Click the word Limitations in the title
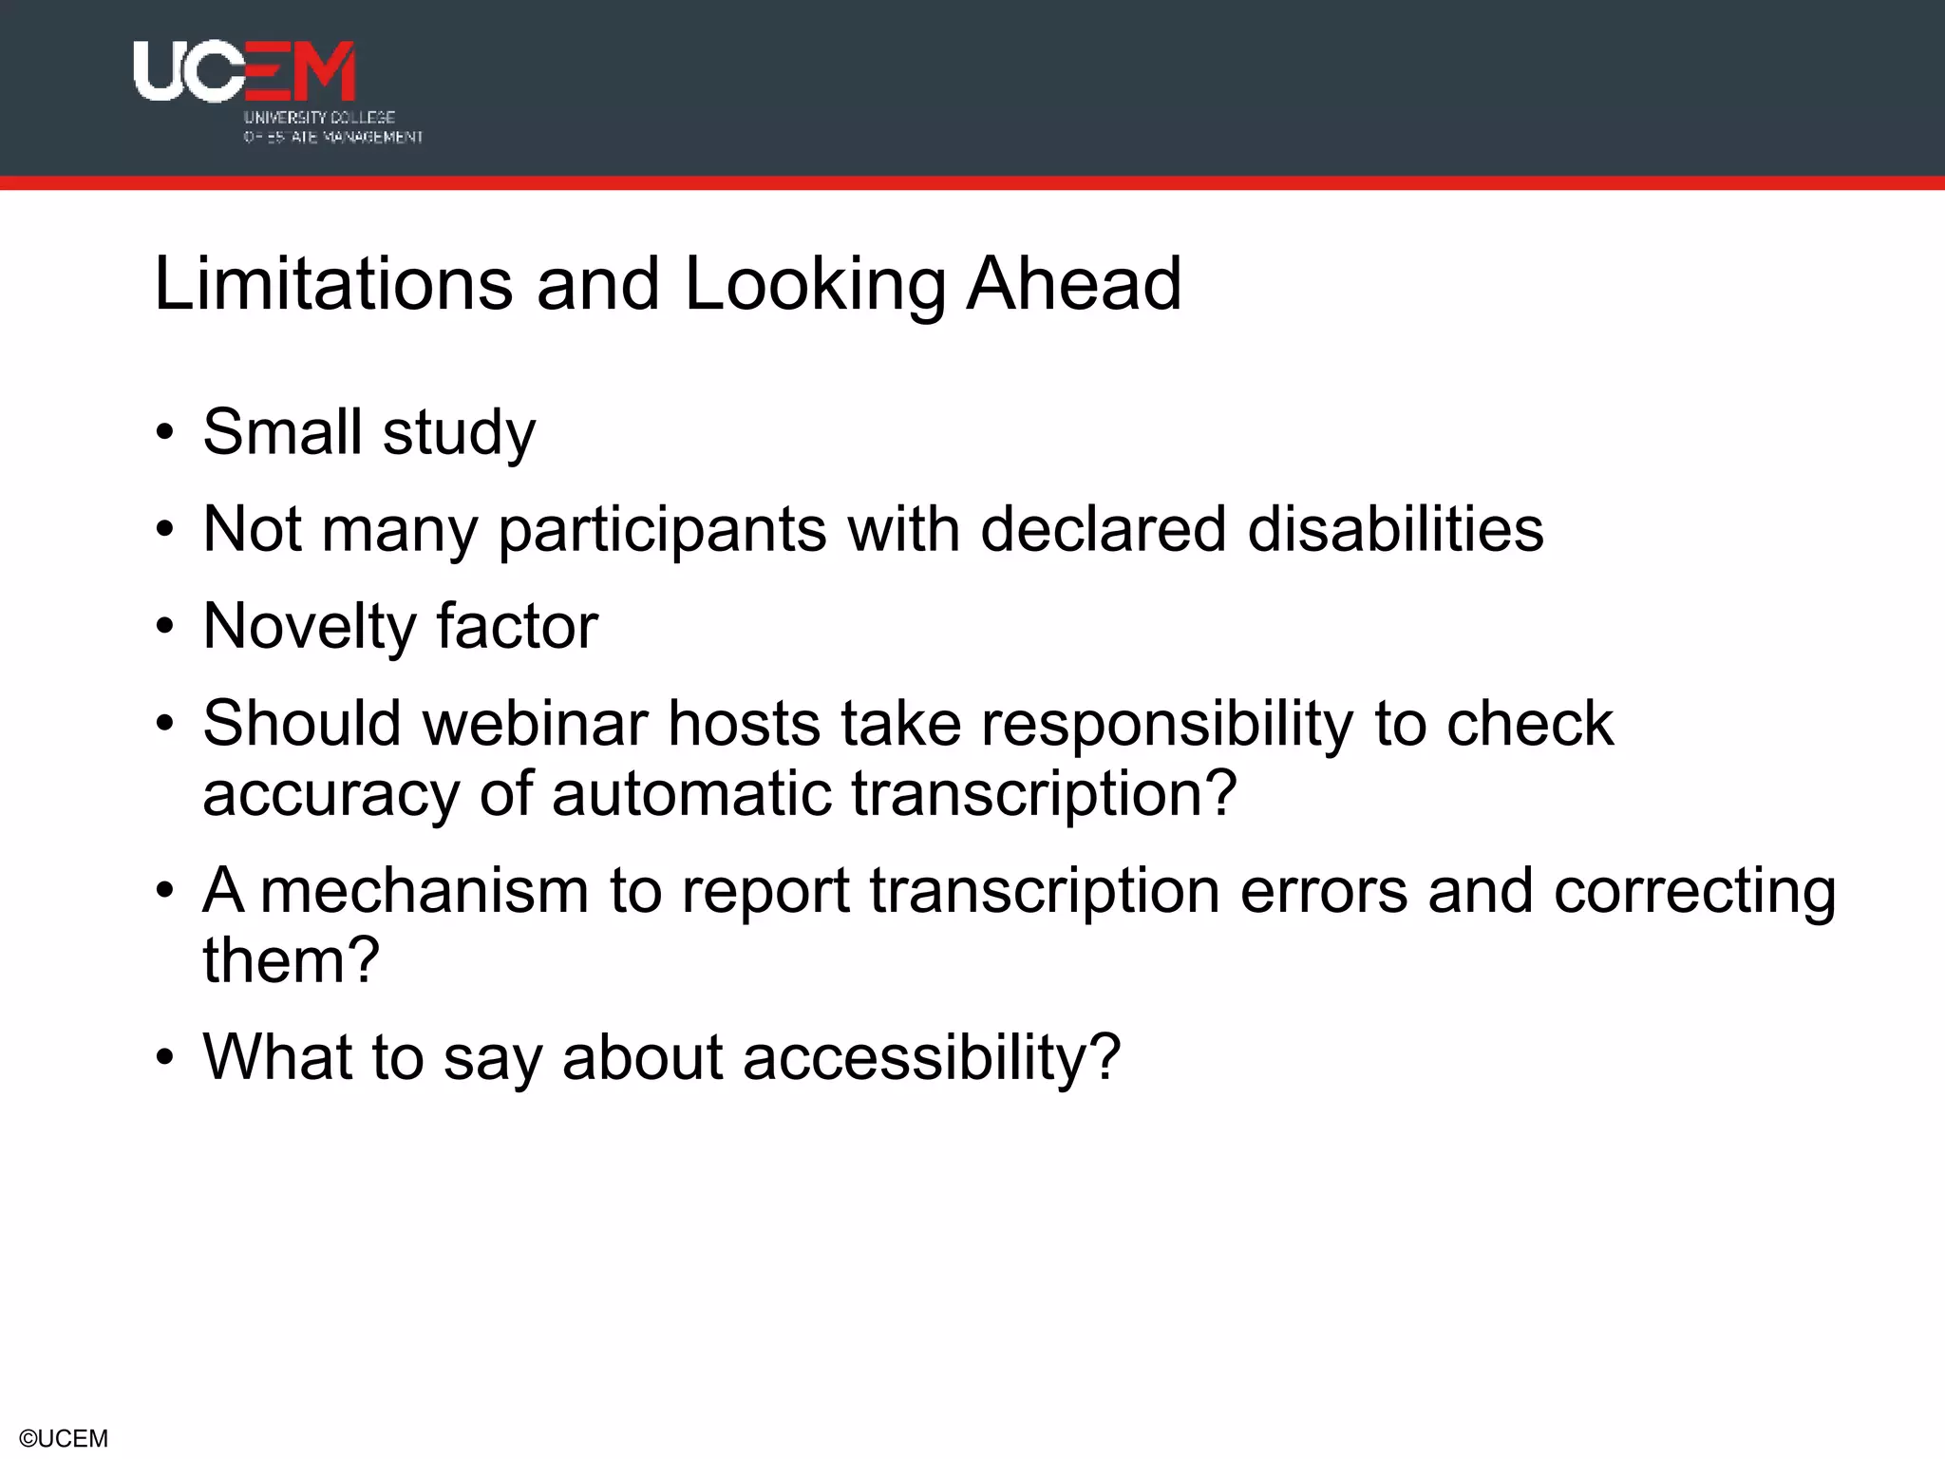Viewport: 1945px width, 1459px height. click(333, 284)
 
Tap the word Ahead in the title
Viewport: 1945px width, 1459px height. click(1073, 284)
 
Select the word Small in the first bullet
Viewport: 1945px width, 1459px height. click(282, 432)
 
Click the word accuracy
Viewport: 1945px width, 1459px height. click(330, 794)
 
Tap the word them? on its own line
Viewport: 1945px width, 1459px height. click(291, 960)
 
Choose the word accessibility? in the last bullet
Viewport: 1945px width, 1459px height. click(931, 1058)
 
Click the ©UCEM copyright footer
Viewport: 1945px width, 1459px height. click(64, 1438)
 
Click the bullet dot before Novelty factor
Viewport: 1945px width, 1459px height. click(166, 628)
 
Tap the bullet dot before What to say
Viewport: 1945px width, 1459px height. click(166, 1059)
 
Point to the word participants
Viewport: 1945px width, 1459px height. click(662, 531)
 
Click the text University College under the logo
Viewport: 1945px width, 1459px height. click(319, 118)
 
